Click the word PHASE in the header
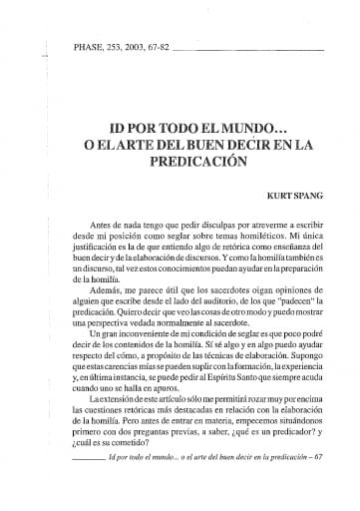89,45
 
